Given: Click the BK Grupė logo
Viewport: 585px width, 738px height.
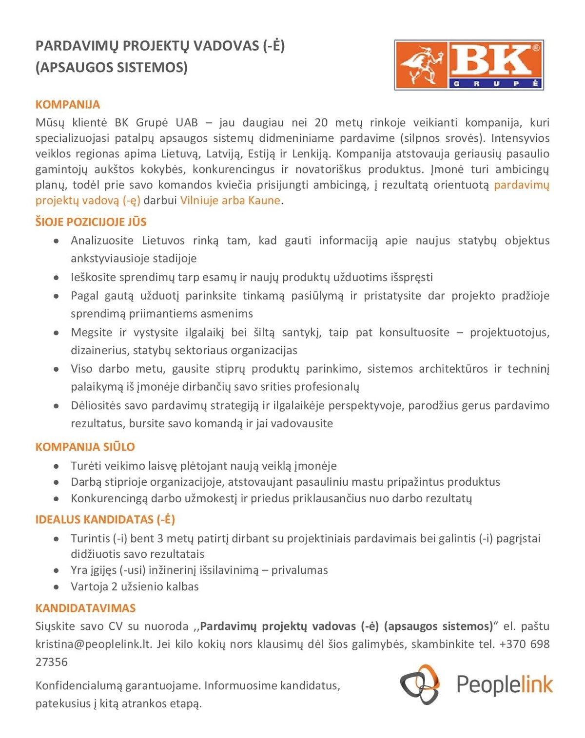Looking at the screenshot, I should pyautogui.click(x=468, y=65).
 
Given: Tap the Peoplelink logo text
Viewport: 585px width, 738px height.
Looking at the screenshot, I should pyautogui.click(x=504, y=684).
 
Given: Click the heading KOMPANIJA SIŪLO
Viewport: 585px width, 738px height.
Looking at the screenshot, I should pyautogui.click(x=85, y=447).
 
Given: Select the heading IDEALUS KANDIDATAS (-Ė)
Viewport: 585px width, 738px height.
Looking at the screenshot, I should pyautogui.click(x=105, y=519).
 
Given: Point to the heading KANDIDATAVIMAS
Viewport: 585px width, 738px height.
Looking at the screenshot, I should pyautogui.click(x=85, y=608).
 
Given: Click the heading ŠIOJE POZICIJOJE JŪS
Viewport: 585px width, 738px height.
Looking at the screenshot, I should pyautogui.click(x=91, y=222).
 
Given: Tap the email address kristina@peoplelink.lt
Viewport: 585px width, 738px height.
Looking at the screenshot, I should pyautogui.click(x=94, y=644).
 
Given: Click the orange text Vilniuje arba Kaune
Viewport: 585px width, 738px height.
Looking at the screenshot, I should pyautogui.click(x=230, y=200).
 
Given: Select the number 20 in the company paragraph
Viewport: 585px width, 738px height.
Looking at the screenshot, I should pyautogui.click(x=321, y=122).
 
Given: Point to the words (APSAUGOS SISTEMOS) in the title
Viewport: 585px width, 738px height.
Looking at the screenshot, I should pyautogui.click(x=111, y=67).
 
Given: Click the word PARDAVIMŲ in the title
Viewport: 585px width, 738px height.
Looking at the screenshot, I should pyautogui.click(x=77, y=46).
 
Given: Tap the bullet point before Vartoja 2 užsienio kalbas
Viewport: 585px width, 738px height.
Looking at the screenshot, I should pyautogui.click(x=57, y=587).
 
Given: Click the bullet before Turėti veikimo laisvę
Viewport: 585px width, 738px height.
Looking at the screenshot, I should pyautogui.click(x=57, y=466).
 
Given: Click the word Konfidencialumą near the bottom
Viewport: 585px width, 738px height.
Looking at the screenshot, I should pyautogui.click(x=78, y=685).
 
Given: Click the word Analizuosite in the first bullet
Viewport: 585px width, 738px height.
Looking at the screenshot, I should pyautogui.click(x=102, y=240).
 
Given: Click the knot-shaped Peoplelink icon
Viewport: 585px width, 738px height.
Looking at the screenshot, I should pyautogui.click(x=420, y=684).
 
